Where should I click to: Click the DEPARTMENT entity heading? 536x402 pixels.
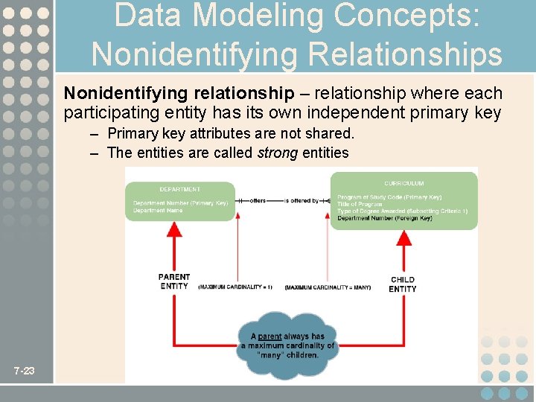(x=179, y=189)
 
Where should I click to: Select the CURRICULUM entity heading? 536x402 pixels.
(x=404, y=183)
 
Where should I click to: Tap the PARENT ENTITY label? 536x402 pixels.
(x=174, y=281)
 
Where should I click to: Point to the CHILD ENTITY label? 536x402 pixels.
(x=403, y=284)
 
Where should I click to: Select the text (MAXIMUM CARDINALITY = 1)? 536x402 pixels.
(x=235, y=287)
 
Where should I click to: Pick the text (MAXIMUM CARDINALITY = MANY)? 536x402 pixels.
(x=328, y=287)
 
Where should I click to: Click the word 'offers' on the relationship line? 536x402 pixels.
(x=258, y=200)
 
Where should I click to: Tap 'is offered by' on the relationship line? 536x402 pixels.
(x=301, y=200)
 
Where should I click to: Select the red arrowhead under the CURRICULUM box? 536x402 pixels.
(x=405, y=237)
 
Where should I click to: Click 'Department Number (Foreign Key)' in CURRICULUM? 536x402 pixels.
(x=384, y=218)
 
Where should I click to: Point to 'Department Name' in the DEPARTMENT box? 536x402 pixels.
(x=158, y=211)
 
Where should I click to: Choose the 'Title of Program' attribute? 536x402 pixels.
(x=360, y=204)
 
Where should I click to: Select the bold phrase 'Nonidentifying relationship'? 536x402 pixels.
(x=179, y=94)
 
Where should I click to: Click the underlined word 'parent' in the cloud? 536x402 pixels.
(x=269, y=336)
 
